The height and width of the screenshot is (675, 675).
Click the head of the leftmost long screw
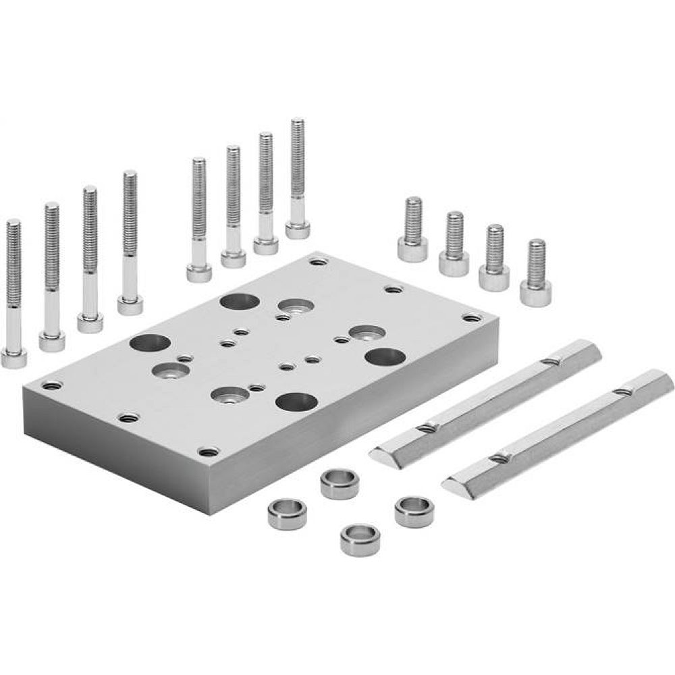click(14, 357)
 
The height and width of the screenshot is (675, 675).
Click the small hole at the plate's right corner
click(469, 316)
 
